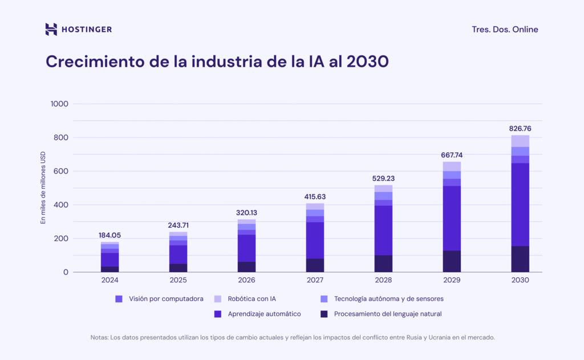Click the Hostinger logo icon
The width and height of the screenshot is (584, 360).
(51, 29)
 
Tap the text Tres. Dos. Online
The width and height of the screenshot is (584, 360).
(505, 30)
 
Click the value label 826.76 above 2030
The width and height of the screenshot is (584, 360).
(520, 128)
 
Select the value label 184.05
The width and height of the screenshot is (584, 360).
(109, 235)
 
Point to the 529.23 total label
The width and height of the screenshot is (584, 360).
(383, 178)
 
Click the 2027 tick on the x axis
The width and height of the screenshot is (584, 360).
(315, 280)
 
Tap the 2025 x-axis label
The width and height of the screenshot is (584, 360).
(178, 280)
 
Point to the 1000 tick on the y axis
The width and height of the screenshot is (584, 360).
(59, 104)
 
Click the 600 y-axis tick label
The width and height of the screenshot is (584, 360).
(61, 171)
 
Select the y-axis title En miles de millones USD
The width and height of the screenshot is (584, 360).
(43, 188)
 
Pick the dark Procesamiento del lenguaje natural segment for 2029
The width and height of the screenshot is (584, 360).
(452, 261)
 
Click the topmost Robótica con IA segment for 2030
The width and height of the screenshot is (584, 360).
(520, 141)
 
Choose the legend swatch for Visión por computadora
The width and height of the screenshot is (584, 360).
(119, 298)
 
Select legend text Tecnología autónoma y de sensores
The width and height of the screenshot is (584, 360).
(388, 298)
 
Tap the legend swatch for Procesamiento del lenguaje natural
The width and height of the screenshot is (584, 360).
(324, 314)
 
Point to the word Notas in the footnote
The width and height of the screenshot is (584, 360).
(100, 337)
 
